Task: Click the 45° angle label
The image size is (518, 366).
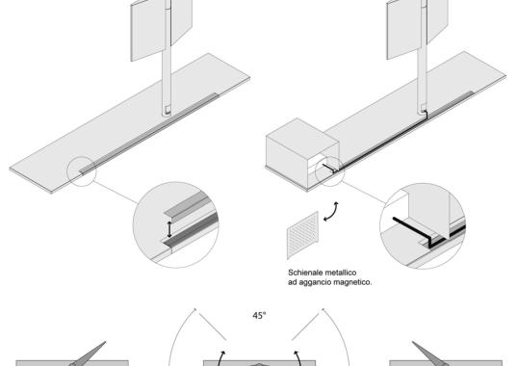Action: (x=259, y=316)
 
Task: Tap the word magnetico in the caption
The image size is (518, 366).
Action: (x=352, y=283)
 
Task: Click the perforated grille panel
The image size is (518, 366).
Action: (x=302, y=235)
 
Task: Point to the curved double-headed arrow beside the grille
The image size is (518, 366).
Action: (x=331, y=211)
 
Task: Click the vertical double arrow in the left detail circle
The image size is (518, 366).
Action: (x=169, y=229)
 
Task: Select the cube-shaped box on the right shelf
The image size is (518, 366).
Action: (x=302, y=154)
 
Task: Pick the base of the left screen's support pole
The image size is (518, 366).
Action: (x=167, y=112)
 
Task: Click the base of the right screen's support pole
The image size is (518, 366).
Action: (x=423, y=110)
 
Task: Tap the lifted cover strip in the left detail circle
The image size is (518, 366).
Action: (x=188, y=207)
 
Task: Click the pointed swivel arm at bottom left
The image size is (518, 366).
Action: (x=89, y=354)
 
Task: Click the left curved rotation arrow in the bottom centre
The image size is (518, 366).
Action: (x=220, y=357)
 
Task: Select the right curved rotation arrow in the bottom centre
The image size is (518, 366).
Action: (x=298, y=357)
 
